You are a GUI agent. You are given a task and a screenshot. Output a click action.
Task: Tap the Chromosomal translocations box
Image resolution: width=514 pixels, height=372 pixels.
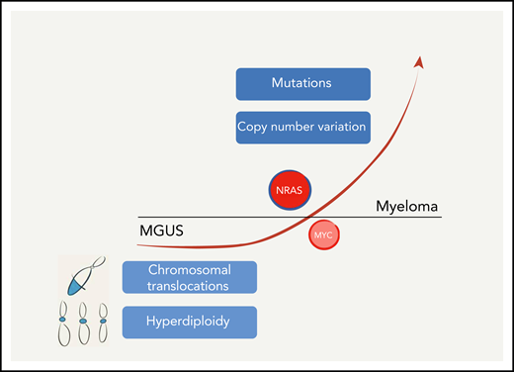tap(190, 277)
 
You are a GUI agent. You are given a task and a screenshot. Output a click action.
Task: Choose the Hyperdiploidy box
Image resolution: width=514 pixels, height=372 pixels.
tap(190, 322)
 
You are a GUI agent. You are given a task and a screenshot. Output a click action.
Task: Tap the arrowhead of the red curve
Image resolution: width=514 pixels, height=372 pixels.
tap(421, 62)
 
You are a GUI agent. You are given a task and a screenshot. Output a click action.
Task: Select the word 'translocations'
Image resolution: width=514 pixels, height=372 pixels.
tap(190, 285)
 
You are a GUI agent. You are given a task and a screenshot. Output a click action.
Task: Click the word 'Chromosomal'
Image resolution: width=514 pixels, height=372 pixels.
tap(190, 269)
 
